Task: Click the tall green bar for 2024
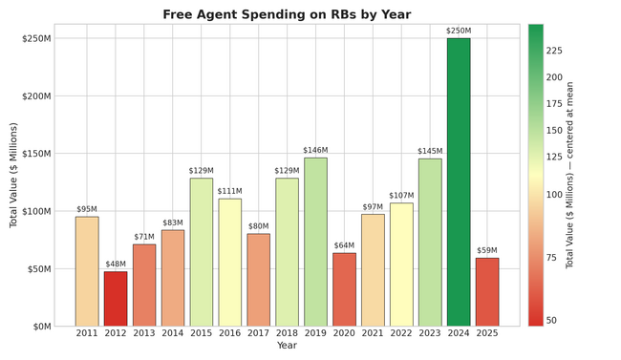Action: click(x=459, y=182)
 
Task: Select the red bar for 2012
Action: click(x=116, y=299)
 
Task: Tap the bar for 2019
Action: click(x=315, y=243)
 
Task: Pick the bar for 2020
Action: click(x=344, y=289)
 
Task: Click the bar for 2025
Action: click(x=487, y=292)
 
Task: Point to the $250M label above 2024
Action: click(x=459, y=32)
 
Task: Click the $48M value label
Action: click(x=116, y=265)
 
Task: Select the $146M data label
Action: click(x=315, y=151)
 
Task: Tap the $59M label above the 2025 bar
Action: click(x=487, y=251)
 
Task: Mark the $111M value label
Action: click(x=229, y=191)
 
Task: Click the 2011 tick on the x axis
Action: click(x=87, y=333)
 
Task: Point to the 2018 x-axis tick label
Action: click(x=287, y=333)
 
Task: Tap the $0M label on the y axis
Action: click(x=41, y=327)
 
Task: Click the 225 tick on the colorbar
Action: click(x=554, y=51)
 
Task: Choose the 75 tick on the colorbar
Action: click(x=551, y=258)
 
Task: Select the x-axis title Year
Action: click(x=287, y=346)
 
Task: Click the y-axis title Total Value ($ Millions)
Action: click(x=14, y=175)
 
